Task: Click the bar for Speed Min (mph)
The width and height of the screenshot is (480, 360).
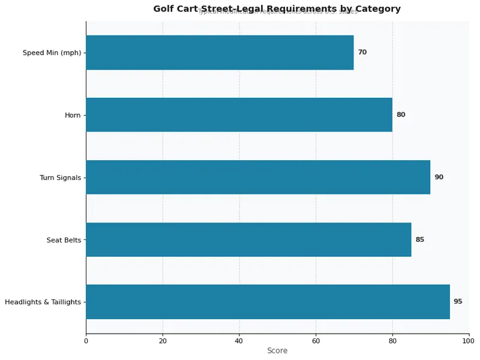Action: pyautogui.click(x=220, y=52)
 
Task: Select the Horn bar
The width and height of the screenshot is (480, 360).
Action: pyautogui.click(x=239, y=115)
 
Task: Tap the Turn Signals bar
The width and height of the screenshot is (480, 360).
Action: pyautogui.click(x=258, y=177)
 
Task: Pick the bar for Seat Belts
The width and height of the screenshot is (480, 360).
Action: pyautogui.click(x=248, y=239)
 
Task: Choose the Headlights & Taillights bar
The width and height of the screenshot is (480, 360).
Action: pyautogui.click(x=268, y=302)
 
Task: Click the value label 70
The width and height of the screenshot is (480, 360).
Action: pyautogui.click(x=362, y=52)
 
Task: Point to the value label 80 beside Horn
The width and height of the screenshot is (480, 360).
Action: pyautogui.click(x=401, y=115)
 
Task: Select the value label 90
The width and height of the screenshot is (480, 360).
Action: pyautogui.click(x=439, y=177)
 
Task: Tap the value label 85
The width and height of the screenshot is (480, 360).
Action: pyautogui.click(x=420, y=239)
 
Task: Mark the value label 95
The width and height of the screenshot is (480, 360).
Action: pyautogui.click(x=458, y=302)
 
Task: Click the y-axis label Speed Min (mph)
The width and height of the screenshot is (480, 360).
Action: pyautogui.click(x=52, y=53)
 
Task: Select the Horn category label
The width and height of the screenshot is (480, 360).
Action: pyautogui.click(x=73, y=115)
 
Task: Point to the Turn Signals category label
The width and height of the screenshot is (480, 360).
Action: pyautogui.click(x=60, y=178)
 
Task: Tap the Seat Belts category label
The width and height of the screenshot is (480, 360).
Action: pyautogui.click(x=64, y=240)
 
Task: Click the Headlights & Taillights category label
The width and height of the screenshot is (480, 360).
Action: pyautogui.click(x=43, y=302)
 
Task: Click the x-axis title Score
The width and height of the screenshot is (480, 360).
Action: pyautogui.click(x=277, y=351)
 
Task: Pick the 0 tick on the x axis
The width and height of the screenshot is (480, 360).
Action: pyautogui.click(x=86, y=341)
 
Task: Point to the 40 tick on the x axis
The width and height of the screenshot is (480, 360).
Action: pyautogui.click(x=239, y=341)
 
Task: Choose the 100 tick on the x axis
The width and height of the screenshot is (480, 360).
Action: pyautogui.click(x=469, y=341)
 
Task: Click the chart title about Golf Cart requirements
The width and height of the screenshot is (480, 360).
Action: pyautogui.click(x=277, y=9)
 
